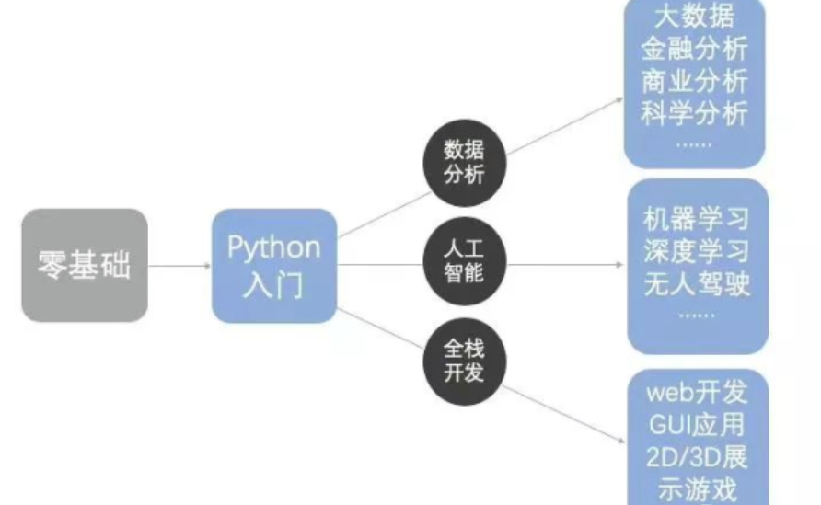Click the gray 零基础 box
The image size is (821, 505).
85,265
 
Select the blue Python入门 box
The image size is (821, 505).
274,266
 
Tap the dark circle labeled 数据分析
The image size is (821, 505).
464,161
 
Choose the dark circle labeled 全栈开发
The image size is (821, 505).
464,362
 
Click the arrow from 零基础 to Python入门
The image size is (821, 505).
179,266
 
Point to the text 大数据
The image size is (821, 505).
695,16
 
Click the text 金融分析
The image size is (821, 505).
695,48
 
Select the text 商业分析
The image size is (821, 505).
695,81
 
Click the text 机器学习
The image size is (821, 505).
697,219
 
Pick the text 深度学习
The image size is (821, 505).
697,251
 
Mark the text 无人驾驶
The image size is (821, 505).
697,283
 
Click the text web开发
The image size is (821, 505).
696,393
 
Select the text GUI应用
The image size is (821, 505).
696,425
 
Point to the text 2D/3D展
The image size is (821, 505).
696,457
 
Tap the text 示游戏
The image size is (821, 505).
696,489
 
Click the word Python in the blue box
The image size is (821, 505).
274,247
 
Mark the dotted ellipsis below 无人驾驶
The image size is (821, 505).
696,315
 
